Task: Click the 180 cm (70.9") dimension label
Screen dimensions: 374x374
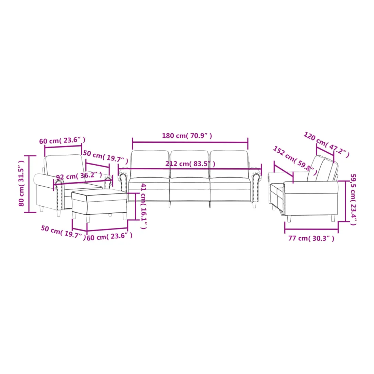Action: click(x=187, y=136)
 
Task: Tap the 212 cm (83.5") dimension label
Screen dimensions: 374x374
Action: click(x=190, y=164)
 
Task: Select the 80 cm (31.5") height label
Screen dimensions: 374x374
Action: click(x=21, y=183)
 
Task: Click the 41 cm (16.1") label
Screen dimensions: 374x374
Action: click(x=143, y=206)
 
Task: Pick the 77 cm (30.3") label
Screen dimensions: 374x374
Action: click(x=311, y=238)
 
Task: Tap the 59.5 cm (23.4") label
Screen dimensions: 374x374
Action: click(x=353, y=199)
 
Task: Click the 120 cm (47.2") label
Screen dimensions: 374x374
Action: click(x=326, y=144)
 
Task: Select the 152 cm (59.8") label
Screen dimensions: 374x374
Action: click(x=295, y=160)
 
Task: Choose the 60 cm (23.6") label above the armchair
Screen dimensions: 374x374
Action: click(x=62, y=140)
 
